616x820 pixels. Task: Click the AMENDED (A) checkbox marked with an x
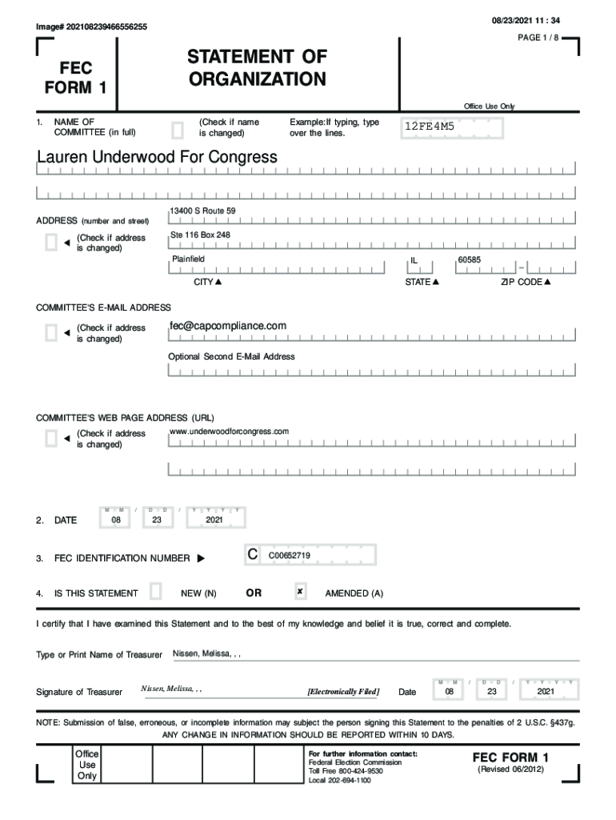pos(300,592)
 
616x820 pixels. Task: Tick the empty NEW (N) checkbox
pos(156,592)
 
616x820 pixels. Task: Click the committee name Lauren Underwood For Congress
pos(157,157)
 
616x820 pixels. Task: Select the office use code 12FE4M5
pos(429,127)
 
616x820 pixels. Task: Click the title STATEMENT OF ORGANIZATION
pos(257,68)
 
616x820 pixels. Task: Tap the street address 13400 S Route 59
pos(203,211)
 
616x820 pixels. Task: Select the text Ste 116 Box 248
pos(200,235)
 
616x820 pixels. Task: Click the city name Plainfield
pos(188,259)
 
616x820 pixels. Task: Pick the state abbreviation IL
pos(414,260)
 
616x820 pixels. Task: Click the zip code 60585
pos(469,260)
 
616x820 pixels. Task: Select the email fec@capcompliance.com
pos(227,326)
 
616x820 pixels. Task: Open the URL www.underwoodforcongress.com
pos(229,432)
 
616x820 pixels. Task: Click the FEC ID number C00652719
pos(290,555)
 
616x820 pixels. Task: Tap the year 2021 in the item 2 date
pos(214,520)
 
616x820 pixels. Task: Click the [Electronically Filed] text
pos(343,691)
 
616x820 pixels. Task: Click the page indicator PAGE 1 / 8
pos(540,38)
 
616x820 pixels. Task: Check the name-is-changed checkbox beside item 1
pos(178,128)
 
